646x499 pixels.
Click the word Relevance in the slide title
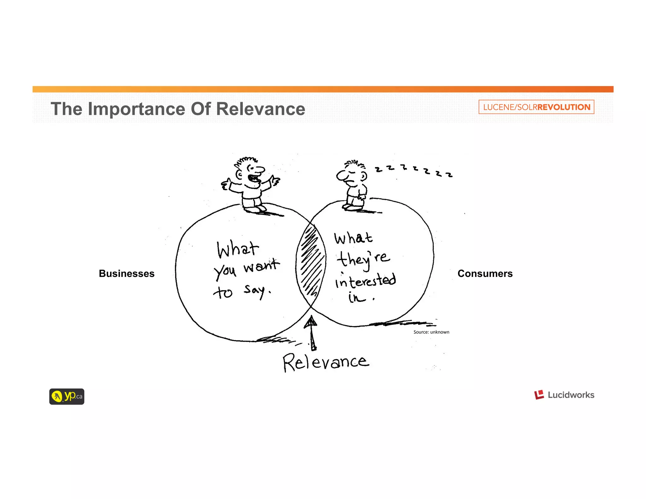[261, 109]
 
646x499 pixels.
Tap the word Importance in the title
[137, 109]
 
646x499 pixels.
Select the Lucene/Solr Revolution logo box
[536, 107]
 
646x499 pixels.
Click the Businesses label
[126, 273]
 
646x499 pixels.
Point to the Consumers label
[485, 273]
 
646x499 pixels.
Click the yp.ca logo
[67, 396]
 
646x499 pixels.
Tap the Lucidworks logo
[564, 395]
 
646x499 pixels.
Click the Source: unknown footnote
[431, 332]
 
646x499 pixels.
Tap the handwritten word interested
[365, 281]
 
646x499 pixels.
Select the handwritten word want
[261, 266]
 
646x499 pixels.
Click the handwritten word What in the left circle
[238, 249]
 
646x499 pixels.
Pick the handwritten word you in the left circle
[225, 271]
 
